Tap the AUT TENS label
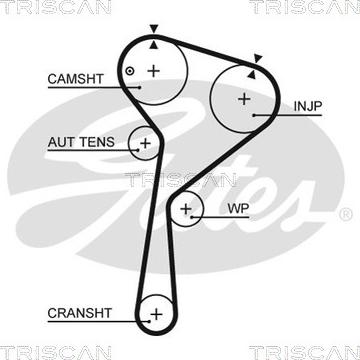coord(80,142)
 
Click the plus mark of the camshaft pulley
coord(153,70)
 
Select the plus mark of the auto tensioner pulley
coord(146,144)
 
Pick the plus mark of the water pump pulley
coord(187,208)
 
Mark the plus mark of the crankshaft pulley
coord(156,315)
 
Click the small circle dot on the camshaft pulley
coord(130,70)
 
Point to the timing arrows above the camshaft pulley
coord(153,38)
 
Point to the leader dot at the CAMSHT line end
coord(141,86)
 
